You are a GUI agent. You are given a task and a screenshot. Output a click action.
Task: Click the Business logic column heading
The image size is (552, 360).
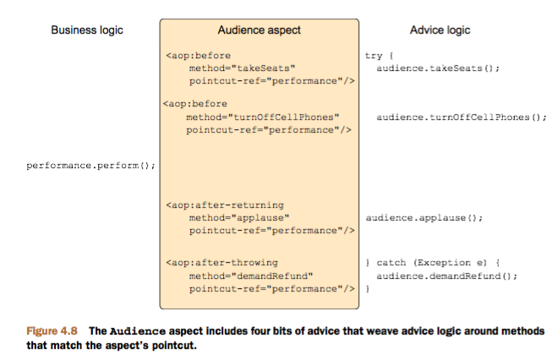[87, 30]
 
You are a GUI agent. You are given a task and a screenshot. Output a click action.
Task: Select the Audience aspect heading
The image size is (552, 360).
[259, 30]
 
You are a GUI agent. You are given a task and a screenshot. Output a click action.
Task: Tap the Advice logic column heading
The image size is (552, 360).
[440, 30]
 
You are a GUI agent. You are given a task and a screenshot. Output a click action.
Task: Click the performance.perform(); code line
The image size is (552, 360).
[91, 166]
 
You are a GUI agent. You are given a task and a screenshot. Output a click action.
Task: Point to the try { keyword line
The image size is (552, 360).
[374, 56]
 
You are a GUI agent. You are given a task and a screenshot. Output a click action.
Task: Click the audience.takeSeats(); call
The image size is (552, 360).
[439, 68]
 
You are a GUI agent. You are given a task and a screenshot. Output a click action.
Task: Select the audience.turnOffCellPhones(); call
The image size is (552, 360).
[462, 117]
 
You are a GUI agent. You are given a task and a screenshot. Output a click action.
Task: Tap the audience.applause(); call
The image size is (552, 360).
[424, 218]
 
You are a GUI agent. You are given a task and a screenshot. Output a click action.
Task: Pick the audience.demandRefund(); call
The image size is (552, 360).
[446, 275]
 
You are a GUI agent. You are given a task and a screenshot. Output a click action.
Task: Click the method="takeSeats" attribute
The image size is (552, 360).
[243, 68]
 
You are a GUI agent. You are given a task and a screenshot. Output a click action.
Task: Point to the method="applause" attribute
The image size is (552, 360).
[240, 218]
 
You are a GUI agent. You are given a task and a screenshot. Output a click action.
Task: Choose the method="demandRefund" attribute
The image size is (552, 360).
[251, 275]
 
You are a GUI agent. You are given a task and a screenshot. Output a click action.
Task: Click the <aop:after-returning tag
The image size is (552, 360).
[225, 205]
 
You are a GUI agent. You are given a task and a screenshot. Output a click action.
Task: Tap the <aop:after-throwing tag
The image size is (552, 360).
[222, 263]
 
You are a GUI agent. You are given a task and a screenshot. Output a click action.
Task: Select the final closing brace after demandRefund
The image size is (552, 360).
[368, 289]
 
